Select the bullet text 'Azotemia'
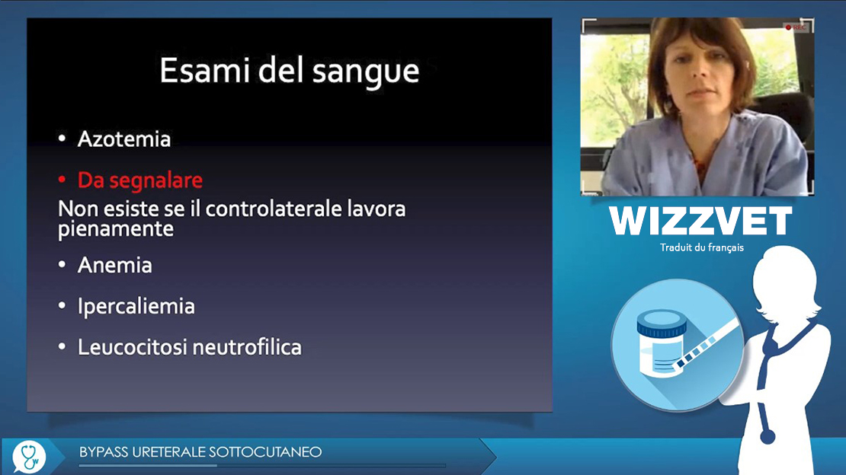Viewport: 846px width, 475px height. tap(124, 139)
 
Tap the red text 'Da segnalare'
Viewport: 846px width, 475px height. tap(140, 180)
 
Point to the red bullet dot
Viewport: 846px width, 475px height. tap(62, 180)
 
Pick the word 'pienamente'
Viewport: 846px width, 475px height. tap(115, 229)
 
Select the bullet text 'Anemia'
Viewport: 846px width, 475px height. tap(115, 265)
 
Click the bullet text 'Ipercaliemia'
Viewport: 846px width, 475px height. tap(136, 307)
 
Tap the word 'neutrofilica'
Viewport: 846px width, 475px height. tap(247, 347)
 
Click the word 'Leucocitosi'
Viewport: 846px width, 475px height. tap(132, 347)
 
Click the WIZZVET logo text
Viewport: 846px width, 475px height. tap(700, 221)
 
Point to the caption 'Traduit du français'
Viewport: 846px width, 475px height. tap(701, 247)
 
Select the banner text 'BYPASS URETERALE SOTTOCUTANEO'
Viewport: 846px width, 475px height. tap(200, 452)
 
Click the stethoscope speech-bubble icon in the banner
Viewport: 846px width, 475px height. tap(29, 457)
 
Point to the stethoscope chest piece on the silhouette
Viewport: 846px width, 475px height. tap(767, 435)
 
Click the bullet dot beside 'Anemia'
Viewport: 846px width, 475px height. tap(62, 265)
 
